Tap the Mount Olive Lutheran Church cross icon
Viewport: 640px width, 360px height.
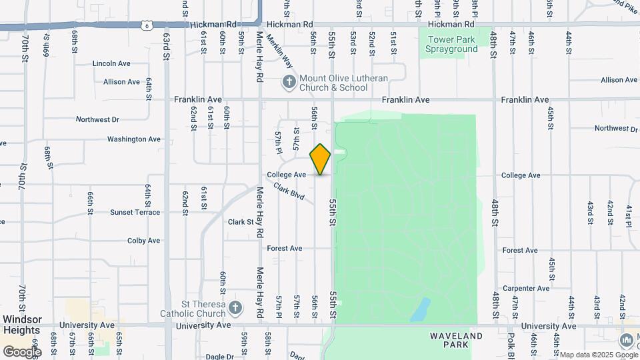(x=289, y=82)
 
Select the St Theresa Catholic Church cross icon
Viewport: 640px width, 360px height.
(x=234, y=307)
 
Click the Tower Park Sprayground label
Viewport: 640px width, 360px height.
(x=452, y=44)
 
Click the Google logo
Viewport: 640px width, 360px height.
(x=22, y=351)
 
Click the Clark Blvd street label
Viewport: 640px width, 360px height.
(x=289, y=193)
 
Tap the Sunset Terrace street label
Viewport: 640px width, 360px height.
(x=135, y=212)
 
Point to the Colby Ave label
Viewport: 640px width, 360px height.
(x=144, y=241)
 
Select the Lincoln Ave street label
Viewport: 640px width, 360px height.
(x=111, y=63)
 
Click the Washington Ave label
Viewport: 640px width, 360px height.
(x=134, y=139)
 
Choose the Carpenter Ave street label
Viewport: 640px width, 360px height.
(x=526, y=288)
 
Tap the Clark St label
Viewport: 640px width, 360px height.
(x=241, y=222)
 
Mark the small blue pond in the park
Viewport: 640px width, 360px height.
(x=421, y=308)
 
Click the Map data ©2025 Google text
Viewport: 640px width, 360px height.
(x=598, y=355)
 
